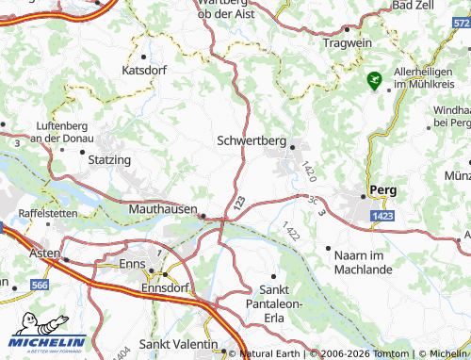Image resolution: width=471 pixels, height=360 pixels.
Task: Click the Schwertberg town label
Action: click(251, 140)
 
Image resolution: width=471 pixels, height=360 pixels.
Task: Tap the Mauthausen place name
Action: click(163, 208)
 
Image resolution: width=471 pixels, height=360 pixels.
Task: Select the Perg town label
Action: click(383, 189)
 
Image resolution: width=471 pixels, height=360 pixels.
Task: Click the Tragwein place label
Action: click(349, 43)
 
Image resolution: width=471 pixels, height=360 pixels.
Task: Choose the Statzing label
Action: click(109, 160)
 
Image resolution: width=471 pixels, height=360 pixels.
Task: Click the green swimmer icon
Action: click(374, 82)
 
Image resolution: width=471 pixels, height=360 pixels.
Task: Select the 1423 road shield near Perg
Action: click(382, 217)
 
